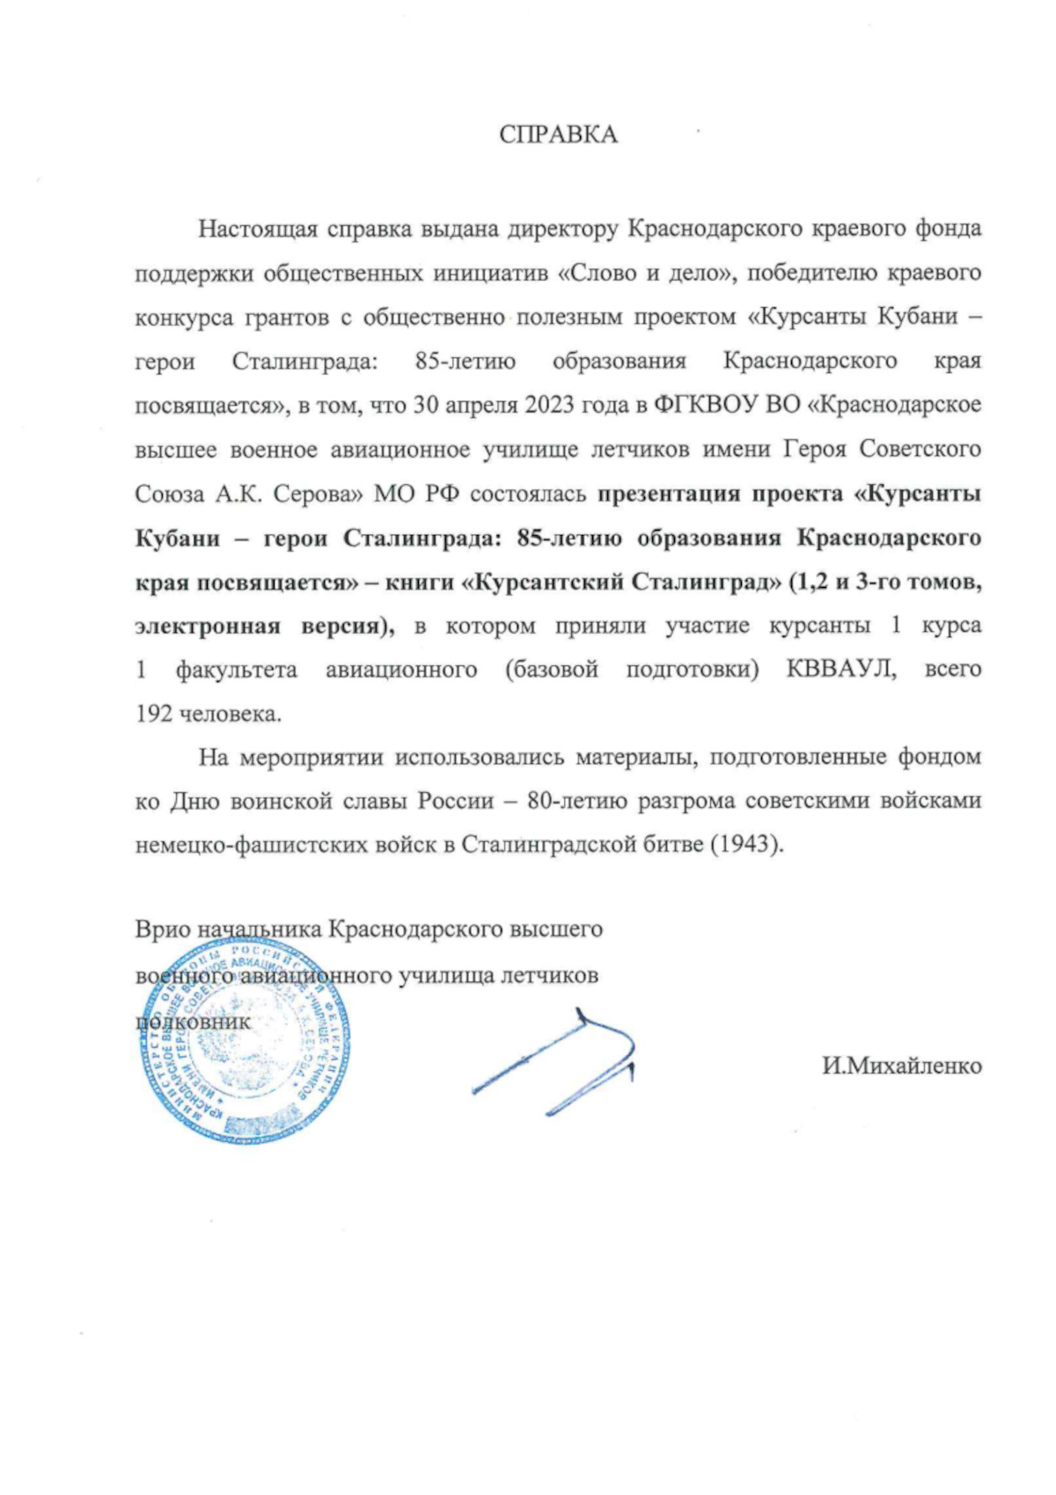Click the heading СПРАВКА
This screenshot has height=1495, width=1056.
[x=558, y=135]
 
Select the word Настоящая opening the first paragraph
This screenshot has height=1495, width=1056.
[x=257, y=229]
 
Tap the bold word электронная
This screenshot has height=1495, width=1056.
[x=208, y=626]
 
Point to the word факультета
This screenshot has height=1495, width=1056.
[x=236, y=670]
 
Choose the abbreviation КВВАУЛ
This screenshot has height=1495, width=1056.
[x=840, y=670]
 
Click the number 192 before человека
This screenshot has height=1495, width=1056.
[x=154, y=714]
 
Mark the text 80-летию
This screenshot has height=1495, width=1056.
[x=576, y=801]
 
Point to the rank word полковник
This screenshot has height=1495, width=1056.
[x=193, y=1022]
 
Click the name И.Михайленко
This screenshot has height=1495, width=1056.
[x=902, y=1066]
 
